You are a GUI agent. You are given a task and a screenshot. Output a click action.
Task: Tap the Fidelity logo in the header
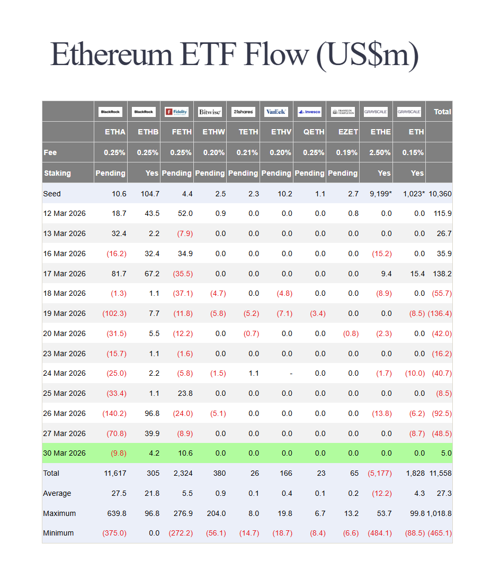tap(176, 112)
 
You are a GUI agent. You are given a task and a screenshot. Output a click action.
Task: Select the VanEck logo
tap(276, 112)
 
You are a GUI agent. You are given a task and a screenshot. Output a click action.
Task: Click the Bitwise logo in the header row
tap(210, 112)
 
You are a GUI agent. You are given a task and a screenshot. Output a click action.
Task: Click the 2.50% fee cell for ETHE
tap(380, 152)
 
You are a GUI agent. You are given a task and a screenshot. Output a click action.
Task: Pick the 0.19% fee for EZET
tap(347, 152)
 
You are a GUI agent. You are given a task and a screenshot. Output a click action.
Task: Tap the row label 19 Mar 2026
tap(64, 313)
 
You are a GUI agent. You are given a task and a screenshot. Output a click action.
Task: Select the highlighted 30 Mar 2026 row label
tap(64, 453)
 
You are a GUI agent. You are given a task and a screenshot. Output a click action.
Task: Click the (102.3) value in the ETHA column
tap(114, 313)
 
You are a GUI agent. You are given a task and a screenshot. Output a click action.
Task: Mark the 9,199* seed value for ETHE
tap(380, 194)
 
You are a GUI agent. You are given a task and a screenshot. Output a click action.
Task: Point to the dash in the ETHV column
tap(291, 373)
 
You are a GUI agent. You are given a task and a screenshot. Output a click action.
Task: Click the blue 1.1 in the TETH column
tap(253, 373)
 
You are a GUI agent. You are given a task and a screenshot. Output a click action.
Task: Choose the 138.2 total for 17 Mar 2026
tap(442, 274)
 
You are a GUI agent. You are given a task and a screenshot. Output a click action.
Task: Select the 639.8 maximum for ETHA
tap(116, 513)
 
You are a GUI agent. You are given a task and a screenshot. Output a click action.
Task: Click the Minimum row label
tap(58, 533)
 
